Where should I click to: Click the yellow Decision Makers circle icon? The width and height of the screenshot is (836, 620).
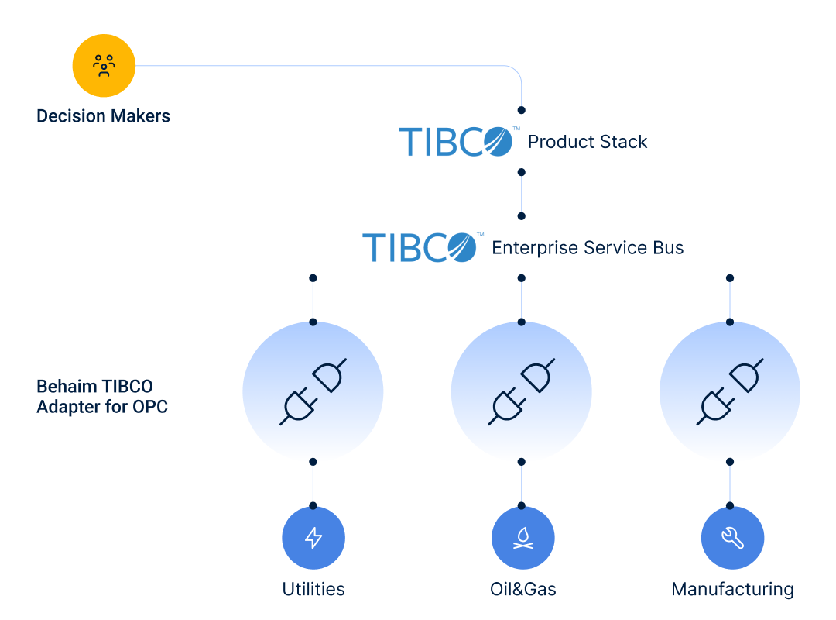tap(104, 66)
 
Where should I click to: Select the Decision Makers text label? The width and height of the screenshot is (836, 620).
tap(103, 116)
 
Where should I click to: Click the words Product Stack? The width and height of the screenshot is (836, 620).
tap(588, 142)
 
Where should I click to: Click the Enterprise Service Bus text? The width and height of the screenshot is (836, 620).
tap(588, 248)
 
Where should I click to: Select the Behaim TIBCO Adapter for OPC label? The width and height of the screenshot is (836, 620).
tap(102, 396)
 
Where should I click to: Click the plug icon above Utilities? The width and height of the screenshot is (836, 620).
tap(313, 391)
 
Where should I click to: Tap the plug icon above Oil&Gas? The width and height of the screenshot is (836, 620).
tap(521, 391)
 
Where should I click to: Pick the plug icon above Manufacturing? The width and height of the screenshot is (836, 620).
tap(730, 391)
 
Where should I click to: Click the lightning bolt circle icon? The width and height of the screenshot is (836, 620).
tap(313, 538)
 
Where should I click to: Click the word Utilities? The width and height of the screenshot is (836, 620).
tap(313, 589)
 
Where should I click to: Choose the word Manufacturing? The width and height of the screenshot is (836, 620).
tap(732, 589)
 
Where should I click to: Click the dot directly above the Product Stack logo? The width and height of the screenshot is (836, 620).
tap(522, 110)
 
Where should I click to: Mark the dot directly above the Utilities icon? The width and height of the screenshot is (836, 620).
tap(313, 505)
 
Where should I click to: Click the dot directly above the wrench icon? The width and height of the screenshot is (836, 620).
tap(730, 505)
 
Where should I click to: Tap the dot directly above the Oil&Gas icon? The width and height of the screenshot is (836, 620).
tap(522, 505)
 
